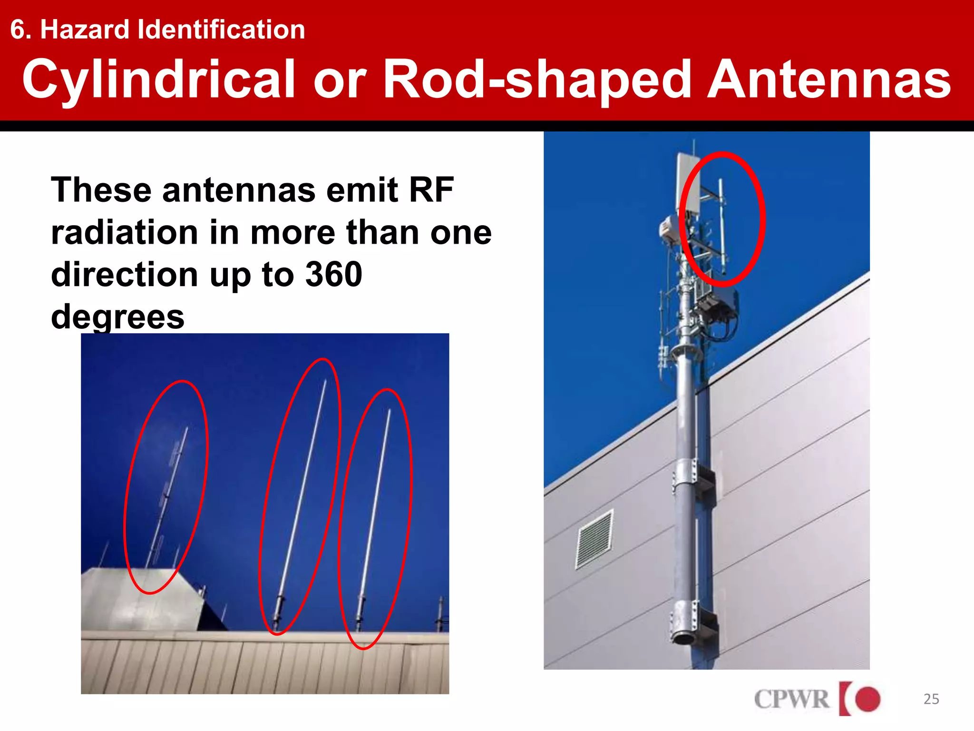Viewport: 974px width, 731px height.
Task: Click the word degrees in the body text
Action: [x=117, y=317]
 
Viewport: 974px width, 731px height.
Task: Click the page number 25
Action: [x=931, y=699]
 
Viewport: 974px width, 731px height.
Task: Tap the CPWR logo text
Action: [x=791, y=699]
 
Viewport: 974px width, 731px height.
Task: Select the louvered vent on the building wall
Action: [x=594, y=539]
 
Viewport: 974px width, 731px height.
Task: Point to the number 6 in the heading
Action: [x=18, y=30]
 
